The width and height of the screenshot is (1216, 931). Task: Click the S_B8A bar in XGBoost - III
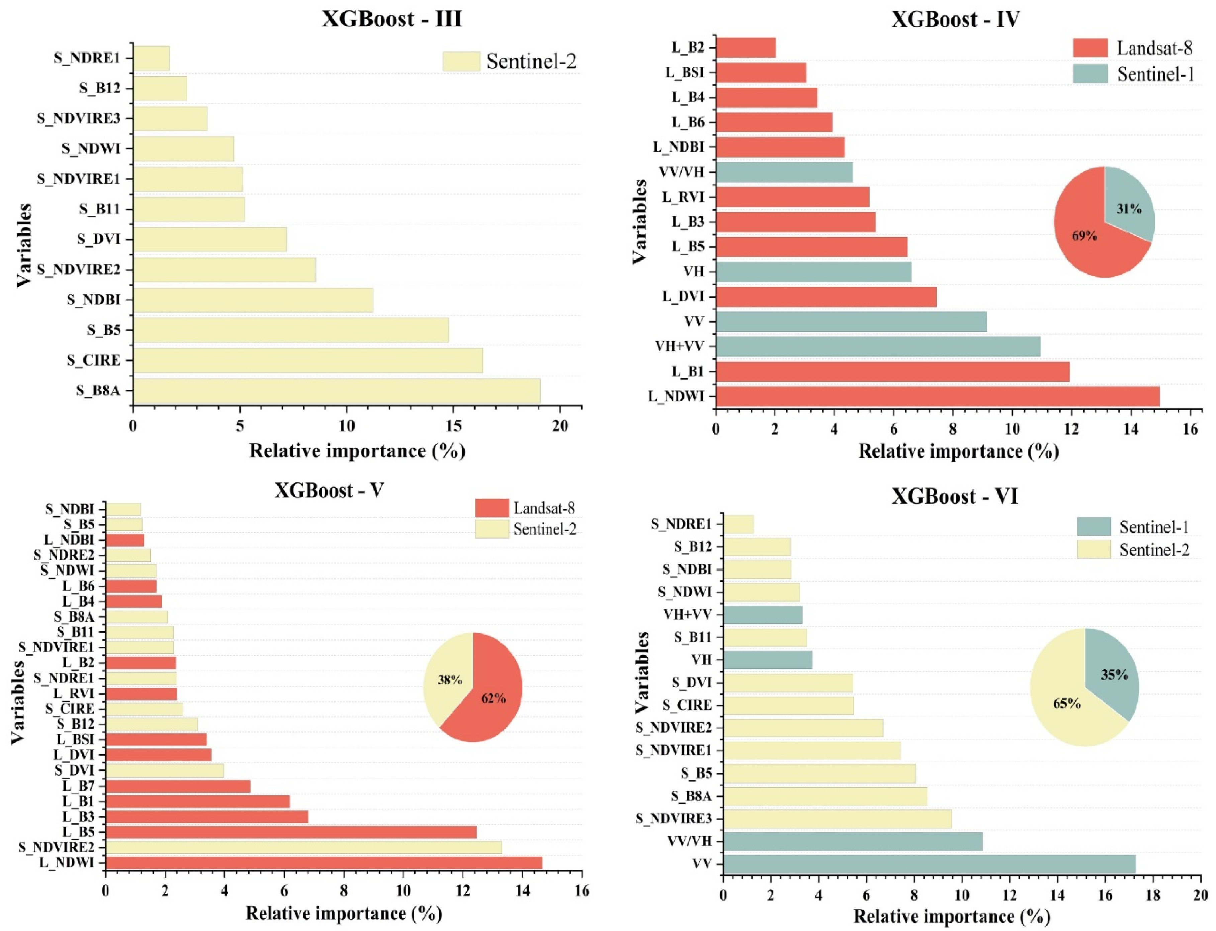pos(337,391)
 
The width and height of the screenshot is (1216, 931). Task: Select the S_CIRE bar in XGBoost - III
pos(308,360)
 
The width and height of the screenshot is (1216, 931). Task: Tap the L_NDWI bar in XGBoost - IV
pos(937,396)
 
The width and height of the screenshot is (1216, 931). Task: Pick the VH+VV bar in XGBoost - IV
pos(877,346)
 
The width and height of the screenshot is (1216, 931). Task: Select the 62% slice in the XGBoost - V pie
pos(488,698)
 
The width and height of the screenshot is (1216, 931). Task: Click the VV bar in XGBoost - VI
pos(929,864)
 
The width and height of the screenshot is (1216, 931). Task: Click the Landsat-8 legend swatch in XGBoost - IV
pos(1090,48)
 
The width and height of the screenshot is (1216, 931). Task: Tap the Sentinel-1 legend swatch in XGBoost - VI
pos(1094,526)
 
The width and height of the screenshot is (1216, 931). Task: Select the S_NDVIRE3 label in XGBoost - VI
pos(673,819)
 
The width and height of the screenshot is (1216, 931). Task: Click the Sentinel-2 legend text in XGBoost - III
pos(531,61)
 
